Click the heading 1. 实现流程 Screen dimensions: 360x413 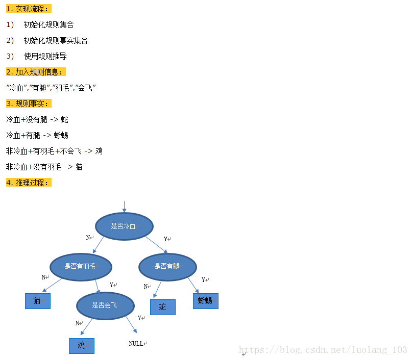pyautogui.click(x=29, y=9)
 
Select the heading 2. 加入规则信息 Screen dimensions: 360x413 pyautogui.click(x=36, y=72)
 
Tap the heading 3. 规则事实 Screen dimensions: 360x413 pyautogui.click(x=29, y=104)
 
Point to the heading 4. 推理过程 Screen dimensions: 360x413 pyautogui.click(x=29, y=183)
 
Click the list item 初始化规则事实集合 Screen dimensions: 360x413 pyautogui.click(x=56, y=40)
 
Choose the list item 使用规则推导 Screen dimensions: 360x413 pyautogui.click(x=45, y=56)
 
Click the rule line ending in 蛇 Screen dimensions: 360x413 pyautogui.click(x=37, y=119)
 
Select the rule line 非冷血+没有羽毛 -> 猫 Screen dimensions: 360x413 pyautogui.click(x=44, y=167)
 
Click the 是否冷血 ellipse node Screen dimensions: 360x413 pyautogui.click(x=124, y=226)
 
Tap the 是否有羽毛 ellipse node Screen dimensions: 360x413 pyautogui.click(x=80, y=266)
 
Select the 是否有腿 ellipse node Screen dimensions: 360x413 pyautogui.click(x=167, y=266)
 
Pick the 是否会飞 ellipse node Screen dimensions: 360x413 pyautogui.click(x=105, y=305)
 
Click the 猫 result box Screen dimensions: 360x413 pyautogui.click(x=38, y=301)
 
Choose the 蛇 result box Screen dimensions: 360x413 pyautogui.click(x=162, y=307)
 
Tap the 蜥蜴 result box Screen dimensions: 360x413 pyautogui.click(x=205, y=301)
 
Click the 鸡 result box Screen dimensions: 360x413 pyautogui.click(x=82, y=346)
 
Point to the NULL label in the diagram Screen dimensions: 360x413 pyautogui.click(x=136, y=344)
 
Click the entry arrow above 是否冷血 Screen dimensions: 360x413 pyautogui.click(x=124, y=206)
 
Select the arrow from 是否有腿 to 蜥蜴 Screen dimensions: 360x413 pyautogui.click(x=193, y=285)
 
